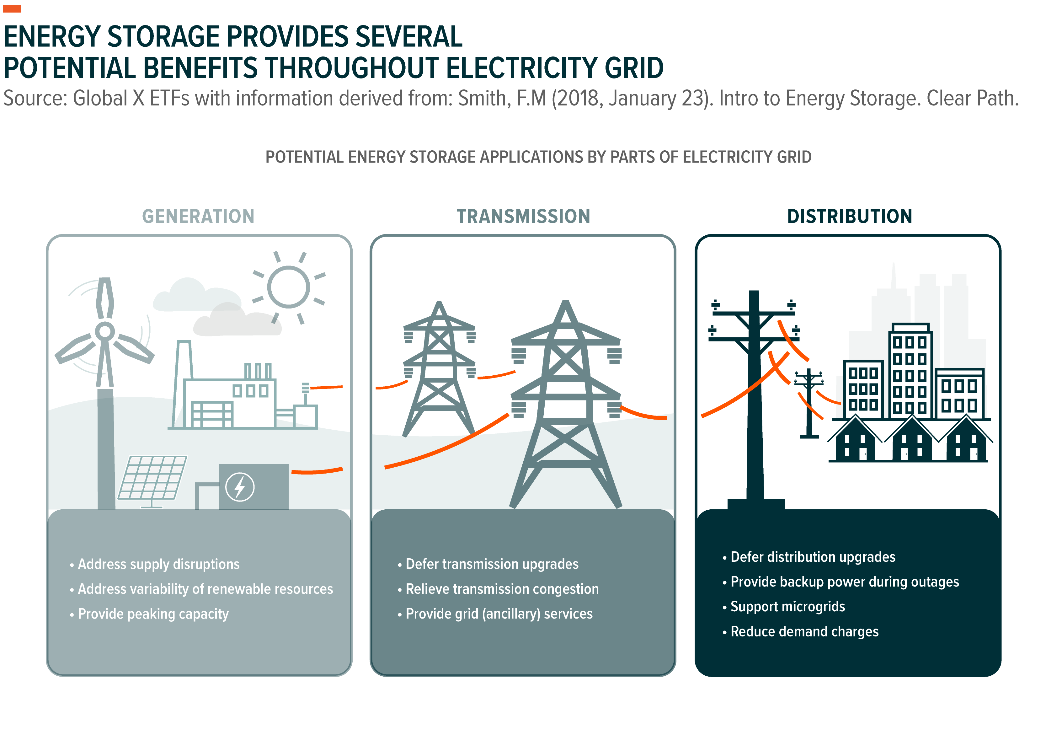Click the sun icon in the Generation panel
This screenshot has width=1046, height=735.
[x=289, y=287]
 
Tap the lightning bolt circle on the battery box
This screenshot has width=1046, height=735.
[x=240, y=487]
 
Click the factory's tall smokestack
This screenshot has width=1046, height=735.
[x=182, y=383]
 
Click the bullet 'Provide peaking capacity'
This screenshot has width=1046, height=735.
[x=149, y=614]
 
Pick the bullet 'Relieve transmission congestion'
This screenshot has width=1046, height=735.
[x=498, y=589]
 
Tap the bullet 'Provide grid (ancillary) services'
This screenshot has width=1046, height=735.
[x=495, y=614]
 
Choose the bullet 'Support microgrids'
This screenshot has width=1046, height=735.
[x=784, y=607]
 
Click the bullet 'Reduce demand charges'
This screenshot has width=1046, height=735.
[x=800, y=631]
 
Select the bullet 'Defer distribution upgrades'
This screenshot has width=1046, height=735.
[x=809, y=557]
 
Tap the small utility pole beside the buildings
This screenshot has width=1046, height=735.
[x=809, y=404]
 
